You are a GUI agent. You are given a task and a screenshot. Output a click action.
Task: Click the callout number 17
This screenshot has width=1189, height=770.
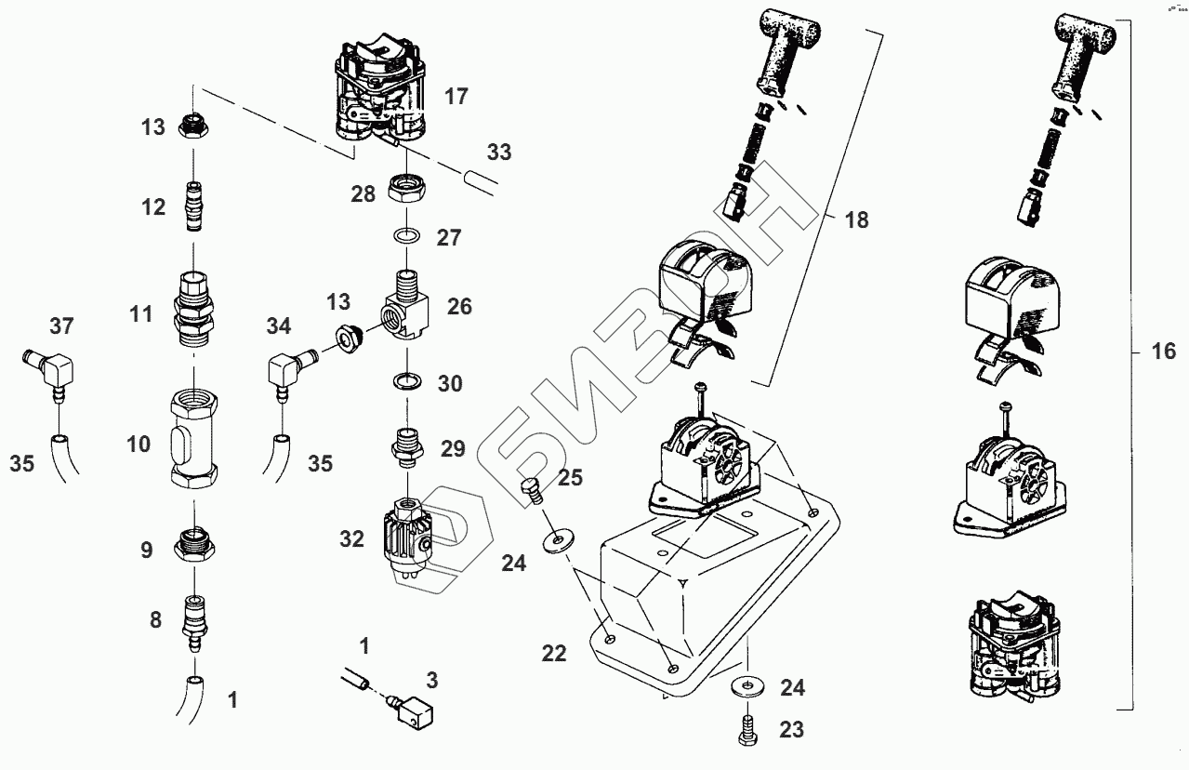[456, 96]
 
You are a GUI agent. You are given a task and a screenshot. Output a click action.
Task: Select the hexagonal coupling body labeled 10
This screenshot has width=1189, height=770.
[194, 443]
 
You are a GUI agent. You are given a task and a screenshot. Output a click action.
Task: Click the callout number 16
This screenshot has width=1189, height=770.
[1163, 352]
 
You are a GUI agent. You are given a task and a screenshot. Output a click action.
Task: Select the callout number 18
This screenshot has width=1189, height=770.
[855, 220]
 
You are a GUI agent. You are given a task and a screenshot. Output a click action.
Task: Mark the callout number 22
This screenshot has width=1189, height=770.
[553, 655]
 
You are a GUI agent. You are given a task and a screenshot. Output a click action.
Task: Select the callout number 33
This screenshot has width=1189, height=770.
[499, 152]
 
